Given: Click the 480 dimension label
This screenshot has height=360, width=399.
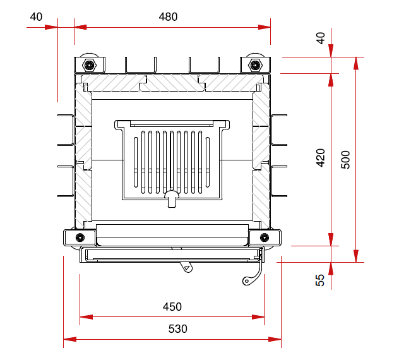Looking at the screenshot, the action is point(168,17).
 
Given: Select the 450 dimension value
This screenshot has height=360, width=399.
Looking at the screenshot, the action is point(172,307).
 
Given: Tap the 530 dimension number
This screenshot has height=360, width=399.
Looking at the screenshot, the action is point(177,329).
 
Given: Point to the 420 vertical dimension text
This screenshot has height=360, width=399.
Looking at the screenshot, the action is point(320,158).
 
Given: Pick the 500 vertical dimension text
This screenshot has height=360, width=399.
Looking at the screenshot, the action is point(345,160).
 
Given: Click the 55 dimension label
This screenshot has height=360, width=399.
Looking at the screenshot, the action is point(320,280).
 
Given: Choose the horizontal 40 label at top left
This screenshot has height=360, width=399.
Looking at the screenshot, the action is point(36,17).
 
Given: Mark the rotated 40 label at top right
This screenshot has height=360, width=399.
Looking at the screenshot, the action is point(320,38).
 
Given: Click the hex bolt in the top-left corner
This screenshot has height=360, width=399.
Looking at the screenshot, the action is point(89,66).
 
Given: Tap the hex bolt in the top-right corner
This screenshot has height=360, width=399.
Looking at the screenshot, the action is point(255,66).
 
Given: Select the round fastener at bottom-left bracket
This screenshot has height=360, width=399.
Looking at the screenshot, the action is point(80,237).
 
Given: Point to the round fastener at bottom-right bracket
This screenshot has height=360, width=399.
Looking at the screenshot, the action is point(265,237).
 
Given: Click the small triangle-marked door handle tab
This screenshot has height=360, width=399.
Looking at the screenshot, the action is point(187,267).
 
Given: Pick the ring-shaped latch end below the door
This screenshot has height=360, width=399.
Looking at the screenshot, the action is point(246,281).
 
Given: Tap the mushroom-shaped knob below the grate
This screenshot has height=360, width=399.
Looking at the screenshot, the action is point(172,198).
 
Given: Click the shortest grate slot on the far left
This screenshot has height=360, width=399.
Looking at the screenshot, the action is point(136,162).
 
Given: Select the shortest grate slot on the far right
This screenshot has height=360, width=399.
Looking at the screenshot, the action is point(208,162).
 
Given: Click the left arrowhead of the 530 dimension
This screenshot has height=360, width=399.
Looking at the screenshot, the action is point(69,339).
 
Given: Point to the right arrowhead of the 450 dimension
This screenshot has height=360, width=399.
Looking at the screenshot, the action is point(258,317).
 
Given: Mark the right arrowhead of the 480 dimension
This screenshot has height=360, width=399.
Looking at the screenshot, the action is point(264,27).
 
